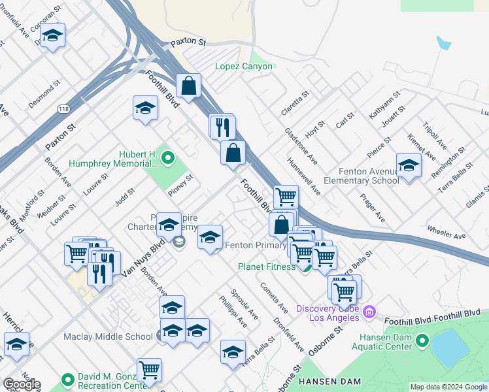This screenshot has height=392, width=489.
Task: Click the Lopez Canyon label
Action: (x=244, y=66)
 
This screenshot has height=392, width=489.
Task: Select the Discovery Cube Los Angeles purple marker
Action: (x=369, y=313)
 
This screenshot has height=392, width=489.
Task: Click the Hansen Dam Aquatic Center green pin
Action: (x=422, y=340)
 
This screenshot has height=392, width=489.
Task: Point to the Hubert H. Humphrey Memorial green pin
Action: (x=167, y=157)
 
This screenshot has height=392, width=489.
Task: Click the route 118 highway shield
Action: (x=63, y=108)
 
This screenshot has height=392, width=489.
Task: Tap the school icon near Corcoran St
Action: (x=53, y=38)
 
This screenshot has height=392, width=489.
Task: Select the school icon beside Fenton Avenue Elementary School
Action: (x=409, y=166)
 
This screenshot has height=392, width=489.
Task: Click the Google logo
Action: (x=21, y=384)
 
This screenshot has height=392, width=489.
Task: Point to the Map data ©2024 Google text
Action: (x=448, y=387)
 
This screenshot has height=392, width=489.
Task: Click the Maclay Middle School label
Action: (x=108, y=337)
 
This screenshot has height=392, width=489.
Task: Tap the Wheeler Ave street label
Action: (x=446, y=231)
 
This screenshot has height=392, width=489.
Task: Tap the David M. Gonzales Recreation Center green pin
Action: (x=67, y=380)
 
